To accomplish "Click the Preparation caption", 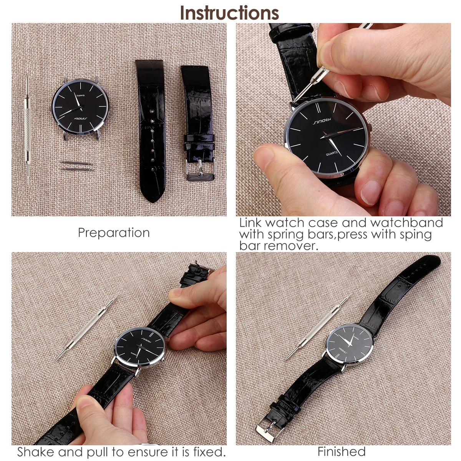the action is (x=114, y=233).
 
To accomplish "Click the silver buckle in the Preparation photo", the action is (x=201, y=169).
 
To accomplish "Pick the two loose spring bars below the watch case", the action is (x=77, y=166).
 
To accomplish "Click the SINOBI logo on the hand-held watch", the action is (x=322, y=121).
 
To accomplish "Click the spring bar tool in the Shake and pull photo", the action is (x=84, y=330).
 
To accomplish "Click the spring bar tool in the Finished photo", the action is (x=317, y=328).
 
